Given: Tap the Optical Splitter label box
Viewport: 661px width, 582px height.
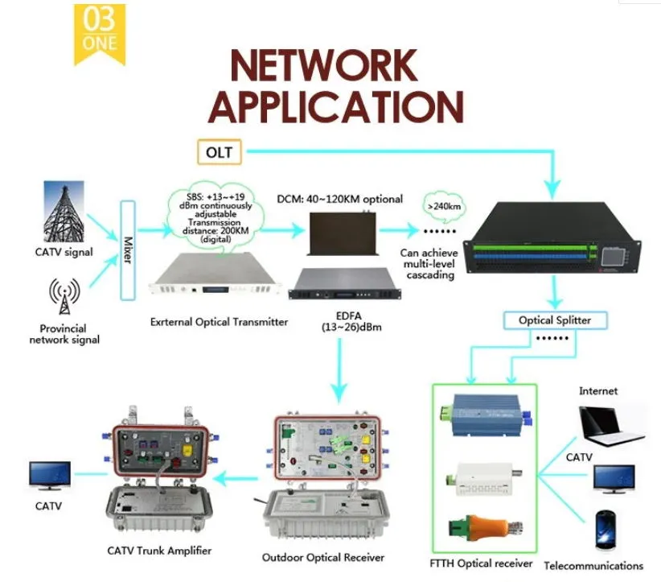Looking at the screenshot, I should (x=554, y=320).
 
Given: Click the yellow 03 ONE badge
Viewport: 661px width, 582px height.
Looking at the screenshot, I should (x=99, y=31).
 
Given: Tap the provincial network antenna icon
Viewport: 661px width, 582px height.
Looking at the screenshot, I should (x=63, y=296).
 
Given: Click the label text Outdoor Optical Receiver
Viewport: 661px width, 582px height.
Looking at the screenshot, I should (x=323, y=557).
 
